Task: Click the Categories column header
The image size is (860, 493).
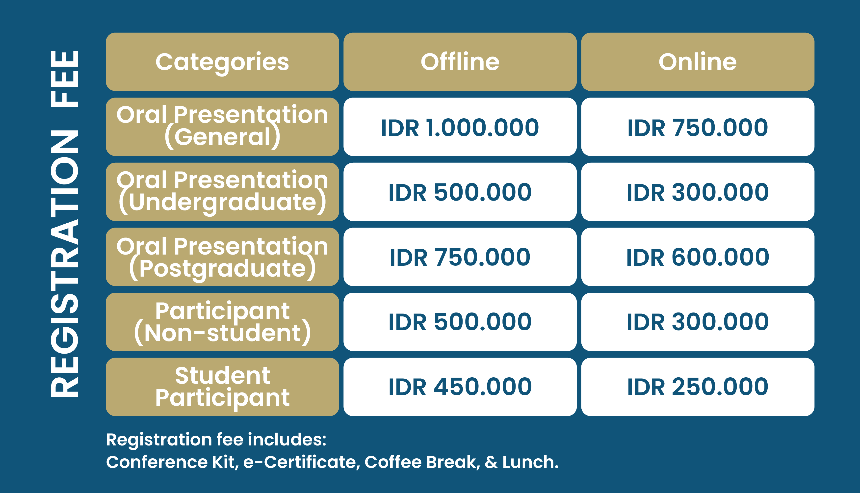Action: coord(222,62)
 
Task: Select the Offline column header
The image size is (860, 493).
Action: coord(460,62)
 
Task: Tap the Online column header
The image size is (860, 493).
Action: coord(698,62)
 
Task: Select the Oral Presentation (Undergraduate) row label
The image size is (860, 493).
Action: coord(222,192)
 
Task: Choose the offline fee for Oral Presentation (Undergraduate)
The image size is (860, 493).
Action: coord(460,192)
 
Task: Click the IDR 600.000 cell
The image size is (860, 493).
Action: coord(698,257)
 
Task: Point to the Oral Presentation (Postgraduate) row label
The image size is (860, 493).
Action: coord(222,257)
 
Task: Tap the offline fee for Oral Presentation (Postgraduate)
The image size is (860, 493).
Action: coord(460,257)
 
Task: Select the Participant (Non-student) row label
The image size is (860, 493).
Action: coord(222,322)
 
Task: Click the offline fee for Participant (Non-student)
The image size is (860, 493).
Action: coord(460,322)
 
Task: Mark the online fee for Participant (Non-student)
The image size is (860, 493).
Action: coord(698,322)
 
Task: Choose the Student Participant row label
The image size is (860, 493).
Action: coord(222,387)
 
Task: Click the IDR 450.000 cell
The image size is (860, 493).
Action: coord(460,387)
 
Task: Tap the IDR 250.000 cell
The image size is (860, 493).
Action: coord(698,387)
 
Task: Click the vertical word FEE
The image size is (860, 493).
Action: coord(64,79)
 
